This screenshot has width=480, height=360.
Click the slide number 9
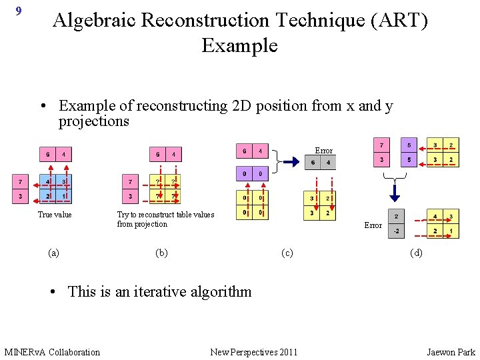pyautogui.click(x=18, y=11)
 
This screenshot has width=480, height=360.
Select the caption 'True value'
pyautogui.click(x=55, y=215)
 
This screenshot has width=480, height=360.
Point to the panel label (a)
pyautogui.click(x=54, y=253)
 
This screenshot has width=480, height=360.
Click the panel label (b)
pyautogui.click(x=161, y=253)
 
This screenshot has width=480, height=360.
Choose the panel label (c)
pyautogui.click(x=287, y=253)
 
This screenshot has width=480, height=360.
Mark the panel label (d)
pyautogui.click(x=417, y=253)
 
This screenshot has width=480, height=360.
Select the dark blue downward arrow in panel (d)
pyautogui.click(x=395, y=193)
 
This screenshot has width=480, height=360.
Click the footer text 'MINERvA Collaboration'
pyautogui.click(x=52, y=352)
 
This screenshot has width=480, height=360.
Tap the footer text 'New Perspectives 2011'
pyautogui.click(x=254, y=352)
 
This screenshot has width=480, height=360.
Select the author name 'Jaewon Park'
pyautogui.click(x=451, y=352)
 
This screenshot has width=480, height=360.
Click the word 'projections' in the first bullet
pyautogui.click(x=94, y=121)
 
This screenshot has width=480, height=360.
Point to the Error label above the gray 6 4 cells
pyautogui.click(x=323, y=151)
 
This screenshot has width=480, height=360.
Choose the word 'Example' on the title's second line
pyautogui.click(x=239, y=46)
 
